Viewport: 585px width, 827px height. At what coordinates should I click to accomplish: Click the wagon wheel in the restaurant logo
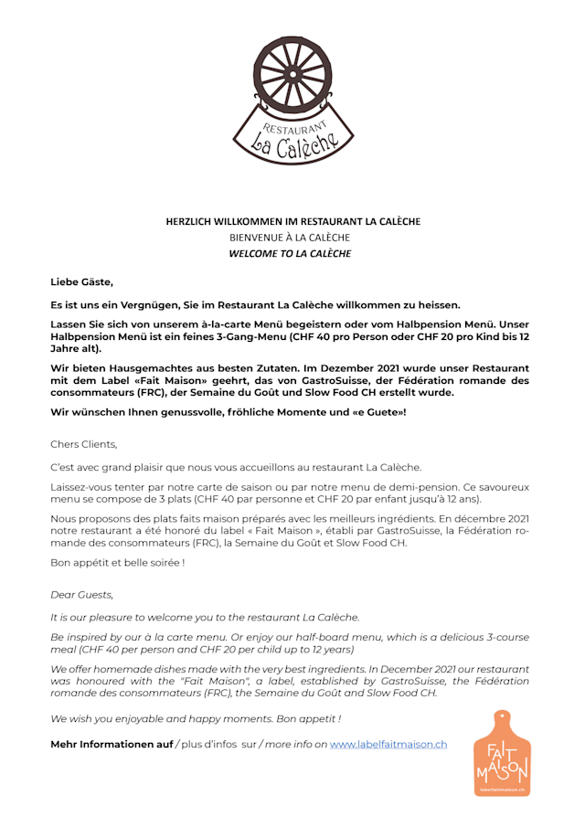[292, 73]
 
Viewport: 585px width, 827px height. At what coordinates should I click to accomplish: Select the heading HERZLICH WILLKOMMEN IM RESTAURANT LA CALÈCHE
[292, 221]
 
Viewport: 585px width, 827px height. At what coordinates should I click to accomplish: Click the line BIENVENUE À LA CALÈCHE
[290, 238]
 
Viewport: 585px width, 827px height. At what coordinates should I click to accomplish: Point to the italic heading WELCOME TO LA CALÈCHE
[290, 254]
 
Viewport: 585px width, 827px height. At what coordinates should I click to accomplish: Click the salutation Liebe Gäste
[81, 282]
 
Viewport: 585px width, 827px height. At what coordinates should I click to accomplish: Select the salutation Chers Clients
[84, 444]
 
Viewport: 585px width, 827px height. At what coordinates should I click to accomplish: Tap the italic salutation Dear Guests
[81, 595]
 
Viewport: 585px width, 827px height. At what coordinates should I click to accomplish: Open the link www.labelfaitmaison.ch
[388, 744]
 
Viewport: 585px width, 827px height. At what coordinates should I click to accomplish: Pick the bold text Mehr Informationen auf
[112, 744]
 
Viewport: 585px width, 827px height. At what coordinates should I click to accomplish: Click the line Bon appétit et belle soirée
[117, 562]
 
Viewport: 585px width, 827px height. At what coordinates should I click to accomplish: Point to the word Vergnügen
[150, 304]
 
